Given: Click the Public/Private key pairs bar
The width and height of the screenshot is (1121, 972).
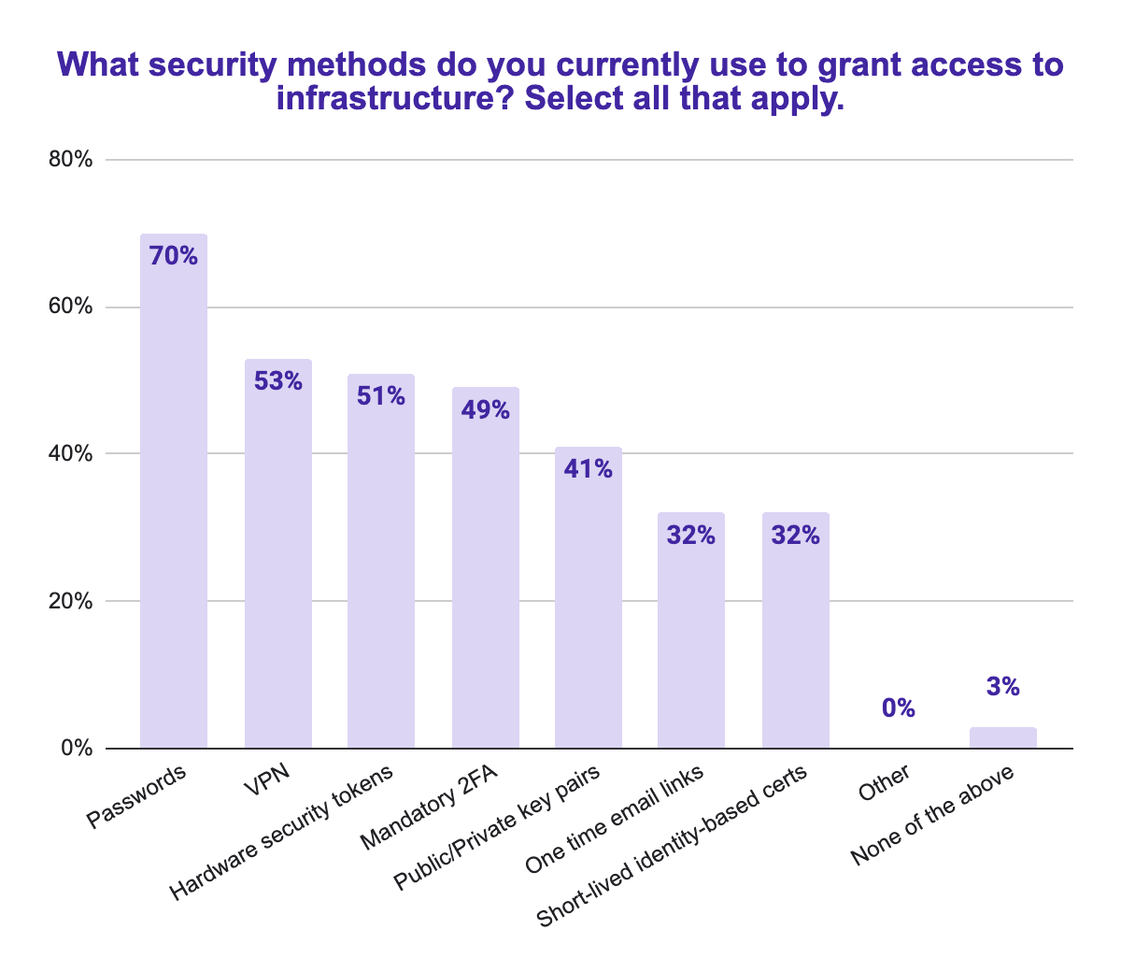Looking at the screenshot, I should click(589, 607).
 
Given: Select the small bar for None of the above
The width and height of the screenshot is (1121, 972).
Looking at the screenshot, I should click(1003, 737).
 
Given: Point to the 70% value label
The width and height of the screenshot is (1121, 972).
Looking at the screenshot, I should click(174, 256).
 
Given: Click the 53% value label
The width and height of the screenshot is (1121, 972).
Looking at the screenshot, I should click(278, 380).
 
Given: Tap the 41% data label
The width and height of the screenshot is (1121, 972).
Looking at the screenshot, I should click(589, 468).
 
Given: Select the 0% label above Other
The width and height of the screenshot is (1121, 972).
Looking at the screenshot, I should click(899, 708).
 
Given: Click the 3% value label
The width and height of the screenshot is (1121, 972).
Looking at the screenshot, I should click(1003, 687).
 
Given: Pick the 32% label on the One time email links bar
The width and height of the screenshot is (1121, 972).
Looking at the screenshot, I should click(691, 536).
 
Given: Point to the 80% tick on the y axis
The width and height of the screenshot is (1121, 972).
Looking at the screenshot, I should click(70, 160).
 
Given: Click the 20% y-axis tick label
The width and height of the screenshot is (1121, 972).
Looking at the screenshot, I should click(70, 601).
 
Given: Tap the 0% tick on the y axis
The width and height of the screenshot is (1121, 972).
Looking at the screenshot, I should click(77, 749).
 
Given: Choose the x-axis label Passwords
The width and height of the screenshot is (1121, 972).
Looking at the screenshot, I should click(137, 797).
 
